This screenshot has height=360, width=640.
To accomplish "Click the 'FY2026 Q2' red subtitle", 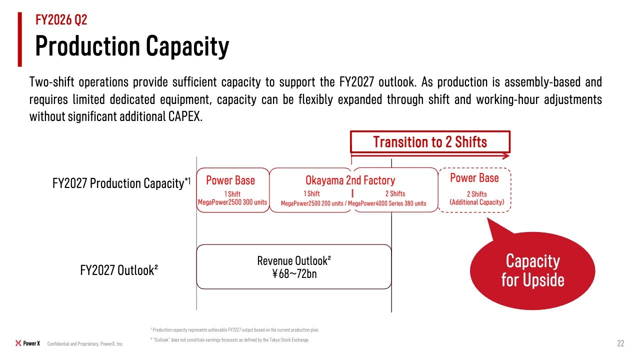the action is [x=61, y=20].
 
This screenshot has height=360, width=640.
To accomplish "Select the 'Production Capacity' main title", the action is [x=132, y=46].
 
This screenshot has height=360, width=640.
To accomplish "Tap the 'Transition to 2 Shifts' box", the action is [x=430, y=141].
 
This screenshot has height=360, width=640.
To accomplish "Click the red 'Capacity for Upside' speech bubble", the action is [x=532, y=270].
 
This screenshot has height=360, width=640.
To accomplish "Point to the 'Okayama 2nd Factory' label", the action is [x=350, y=180].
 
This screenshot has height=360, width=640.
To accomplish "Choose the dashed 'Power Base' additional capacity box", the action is [x=474, y=190].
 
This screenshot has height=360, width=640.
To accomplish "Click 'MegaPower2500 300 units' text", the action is [x=232, y=202].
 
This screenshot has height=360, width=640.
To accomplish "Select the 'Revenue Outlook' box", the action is [x=293, y=266].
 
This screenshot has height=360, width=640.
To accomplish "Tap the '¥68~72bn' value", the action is [x=294, y=274].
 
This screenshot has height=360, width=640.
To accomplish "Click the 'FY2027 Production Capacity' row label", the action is [x=121, y=183].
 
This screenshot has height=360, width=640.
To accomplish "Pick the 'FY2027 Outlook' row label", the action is [x=119, y=270].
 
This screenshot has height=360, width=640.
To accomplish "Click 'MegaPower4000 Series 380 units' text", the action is [x=387, y=203].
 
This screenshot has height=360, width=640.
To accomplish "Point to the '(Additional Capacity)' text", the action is [x=477, y=202].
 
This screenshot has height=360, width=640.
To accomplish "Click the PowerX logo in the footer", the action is [x=27, y=343].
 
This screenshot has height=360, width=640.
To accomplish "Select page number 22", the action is [x=620, y=343].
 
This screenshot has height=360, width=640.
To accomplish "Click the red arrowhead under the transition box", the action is [x=506, y=156].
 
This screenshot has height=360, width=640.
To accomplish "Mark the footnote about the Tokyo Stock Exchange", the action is [x=229, y=340].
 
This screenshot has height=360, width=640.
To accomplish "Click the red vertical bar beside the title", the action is [x=19, y=39].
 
